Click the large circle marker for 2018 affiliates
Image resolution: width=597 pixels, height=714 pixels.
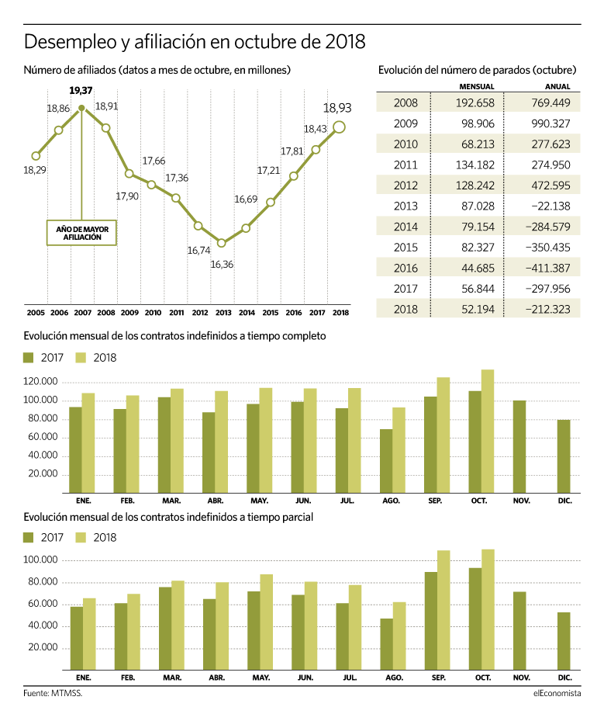tap(339, 127)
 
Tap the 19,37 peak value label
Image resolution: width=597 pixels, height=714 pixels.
tap(81, 91)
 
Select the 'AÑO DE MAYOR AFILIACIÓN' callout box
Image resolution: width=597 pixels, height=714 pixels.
tap(81, 233)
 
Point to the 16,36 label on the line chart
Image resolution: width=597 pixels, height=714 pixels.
tap(222, 264)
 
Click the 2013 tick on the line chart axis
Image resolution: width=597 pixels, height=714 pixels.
tap(223, 312)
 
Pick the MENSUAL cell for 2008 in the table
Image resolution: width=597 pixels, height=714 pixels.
tap(475, 103)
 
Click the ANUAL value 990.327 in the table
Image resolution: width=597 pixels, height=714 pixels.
tap(550, 123)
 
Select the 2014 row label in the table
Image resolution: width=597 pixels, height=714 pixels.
tap(405, 227)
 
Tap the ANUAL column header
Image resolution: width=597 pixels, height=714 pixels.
tap(557, 86)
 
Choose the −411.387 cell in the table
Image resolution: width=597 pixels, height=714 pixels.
tap(547, 269)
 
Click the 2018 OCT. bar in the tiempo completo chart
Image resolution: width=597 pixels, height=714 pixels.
tap(488, 432)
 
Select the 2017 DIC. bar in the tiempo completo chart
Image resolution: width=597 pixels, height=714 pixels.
tap(564, 456)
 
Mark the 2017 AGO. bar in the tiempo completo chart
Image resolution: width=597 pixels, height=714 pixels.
tap(386, 461)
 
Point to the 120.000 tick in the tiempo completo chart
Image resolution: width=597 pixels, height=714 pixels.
tap(40, 382)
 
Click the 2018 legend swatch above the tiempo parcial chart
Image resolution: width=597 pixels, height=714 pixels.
tap(81, 538)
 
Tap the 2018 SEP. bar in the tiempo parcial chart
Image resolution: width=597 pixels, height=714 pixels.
tap(443, 610)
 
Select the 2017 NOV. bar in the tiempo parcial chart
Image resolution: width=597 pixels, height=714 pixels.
tap(519, 631)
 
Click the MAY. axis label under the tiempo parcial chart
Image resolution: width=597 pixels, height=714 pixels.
tap(261, 678)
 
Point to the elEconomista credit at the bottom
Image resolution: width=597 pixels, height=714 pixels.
tap(557, 693)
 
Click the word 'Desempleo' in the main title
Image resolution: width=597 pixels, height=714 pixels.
tap(70, 42)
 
